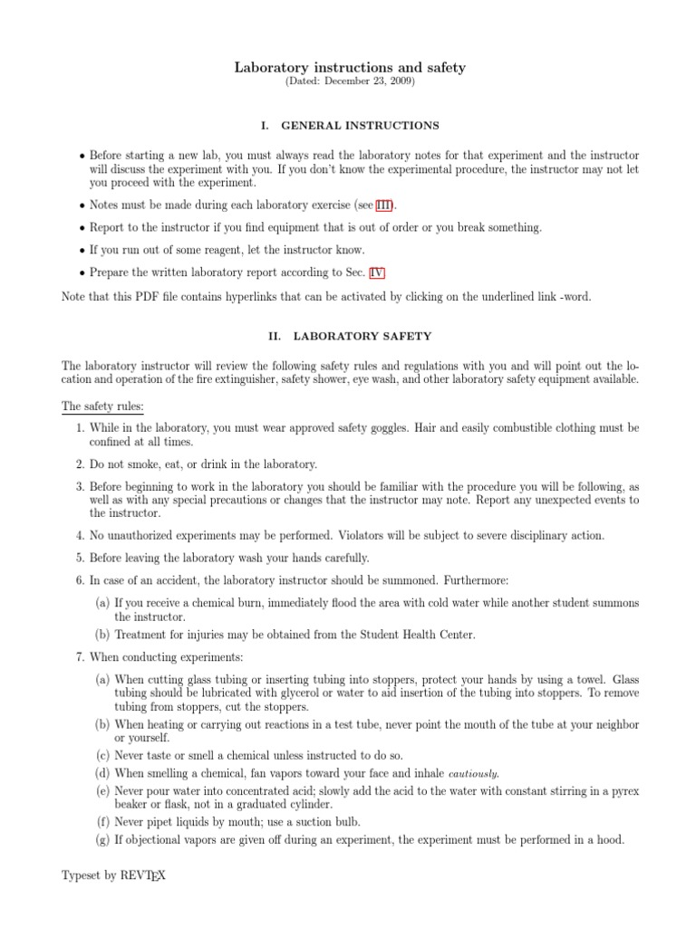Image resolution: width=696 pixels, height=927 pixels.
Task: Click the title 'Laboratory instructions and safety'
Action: pyautogui.click(x=350, y=67)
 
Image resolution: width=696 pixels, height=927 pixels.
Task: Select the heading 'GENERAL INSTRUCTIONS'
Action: pyautogui.click(x=360, y=125)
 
